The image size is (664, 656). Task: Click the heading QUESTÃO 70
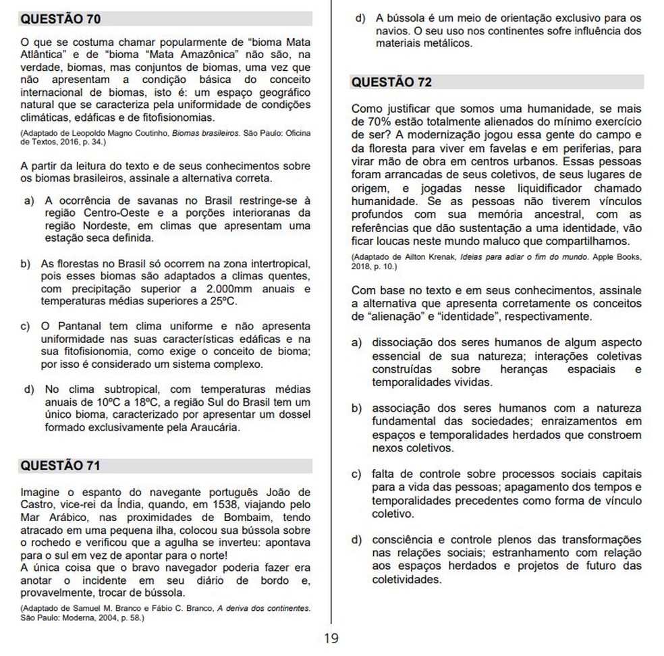pos(61,19)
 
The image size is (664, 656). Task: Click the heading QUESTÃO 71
pos(61,466)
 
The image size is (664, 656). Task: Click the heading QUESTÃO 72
pos(391,82)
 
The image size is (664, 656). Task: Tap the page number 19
pos(331,638)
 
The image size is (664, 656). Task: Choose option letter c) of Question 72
pos(357,475)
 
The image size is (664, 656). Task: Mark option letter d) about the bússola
pos(360,18)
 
